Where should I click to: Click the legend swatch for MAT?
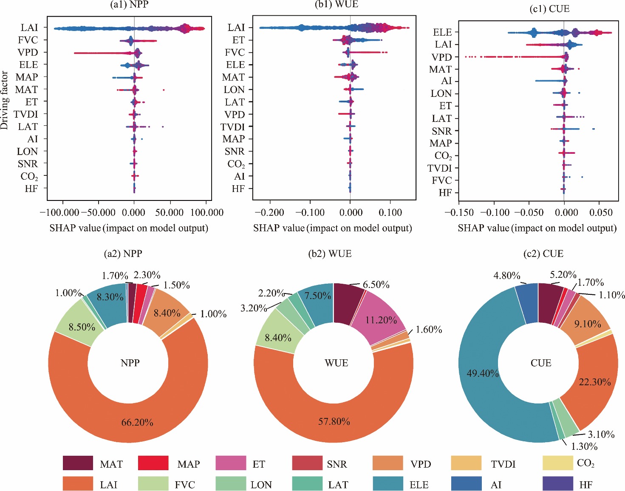(78, 463)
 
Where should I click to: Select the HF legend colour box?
(558, 484)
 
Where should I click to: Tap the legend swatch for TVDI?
(466, 463)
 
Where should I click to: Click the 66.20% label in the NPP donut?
(137, 422)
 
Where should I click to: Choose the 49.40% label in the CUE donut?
(483, 373)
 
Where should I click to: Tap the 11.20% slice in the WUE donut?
(381, 320)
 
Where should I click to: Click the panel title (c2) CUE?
(543, 254)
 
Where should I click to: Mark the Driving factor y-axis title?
(5, 101)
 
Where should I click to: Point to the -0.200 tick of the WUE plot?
(269, 212)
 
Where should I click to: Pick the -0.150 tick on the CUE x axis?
(459, 212)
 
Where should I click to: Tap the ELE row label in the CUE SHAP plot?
(442, 32)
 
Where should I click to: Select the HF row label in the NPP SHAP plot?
(31, 189)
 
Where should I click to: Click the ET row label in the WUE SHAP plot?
(238, 40)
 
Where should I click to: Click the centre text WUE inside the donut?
(336, 363)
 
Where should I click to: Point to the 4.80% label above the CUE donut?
(506, 276)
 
